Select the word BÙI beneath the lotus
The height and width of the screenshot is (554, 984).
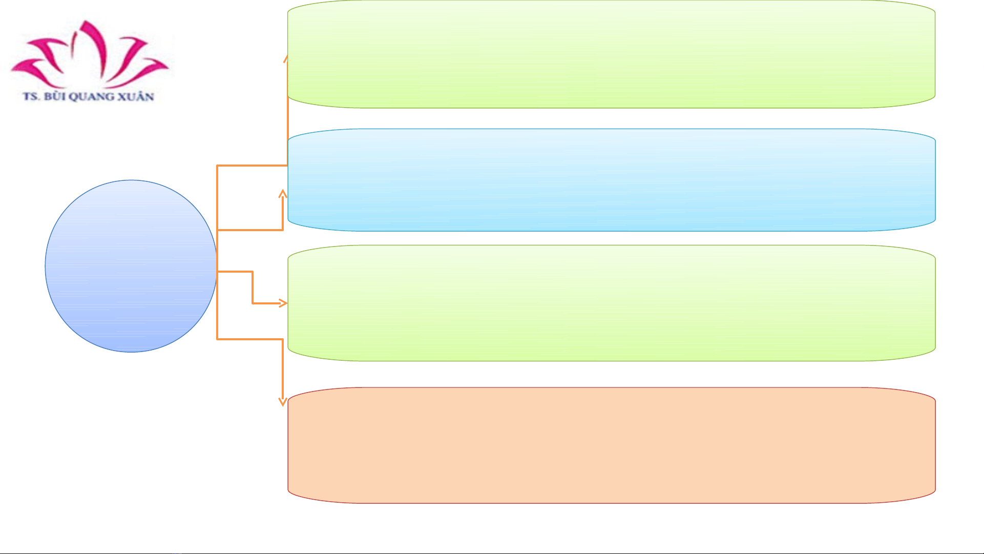[x=54, y=96]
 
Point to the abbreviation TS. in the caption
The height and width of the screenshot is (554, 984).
[x=31, y=96]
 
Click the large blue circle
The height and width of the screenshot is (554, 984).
[x=131, y=266]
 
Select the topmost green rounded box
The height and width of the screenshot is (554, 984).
[x=611, y=54]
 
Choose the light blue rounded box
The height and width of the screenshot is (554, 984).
[x=611, y=180]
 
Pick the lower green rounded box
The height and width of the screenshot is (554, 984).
[x=611, y=303]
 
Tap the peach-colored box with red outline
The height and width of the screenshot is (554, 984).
[x=611, y=445]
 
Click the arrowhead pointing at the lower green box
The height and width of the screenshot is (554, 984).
[x=283, y=303]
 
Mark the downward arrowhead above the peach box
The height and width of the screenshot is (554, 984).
[x=282, y=401]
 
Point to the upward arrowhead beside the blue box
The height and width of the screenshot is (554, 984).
[x=283, y=194]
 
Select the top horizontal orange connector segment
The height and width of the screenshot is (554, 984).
[x=252, y=166]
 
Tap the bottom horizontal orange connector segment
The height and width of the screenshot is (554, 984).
[x=250, y=339]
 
